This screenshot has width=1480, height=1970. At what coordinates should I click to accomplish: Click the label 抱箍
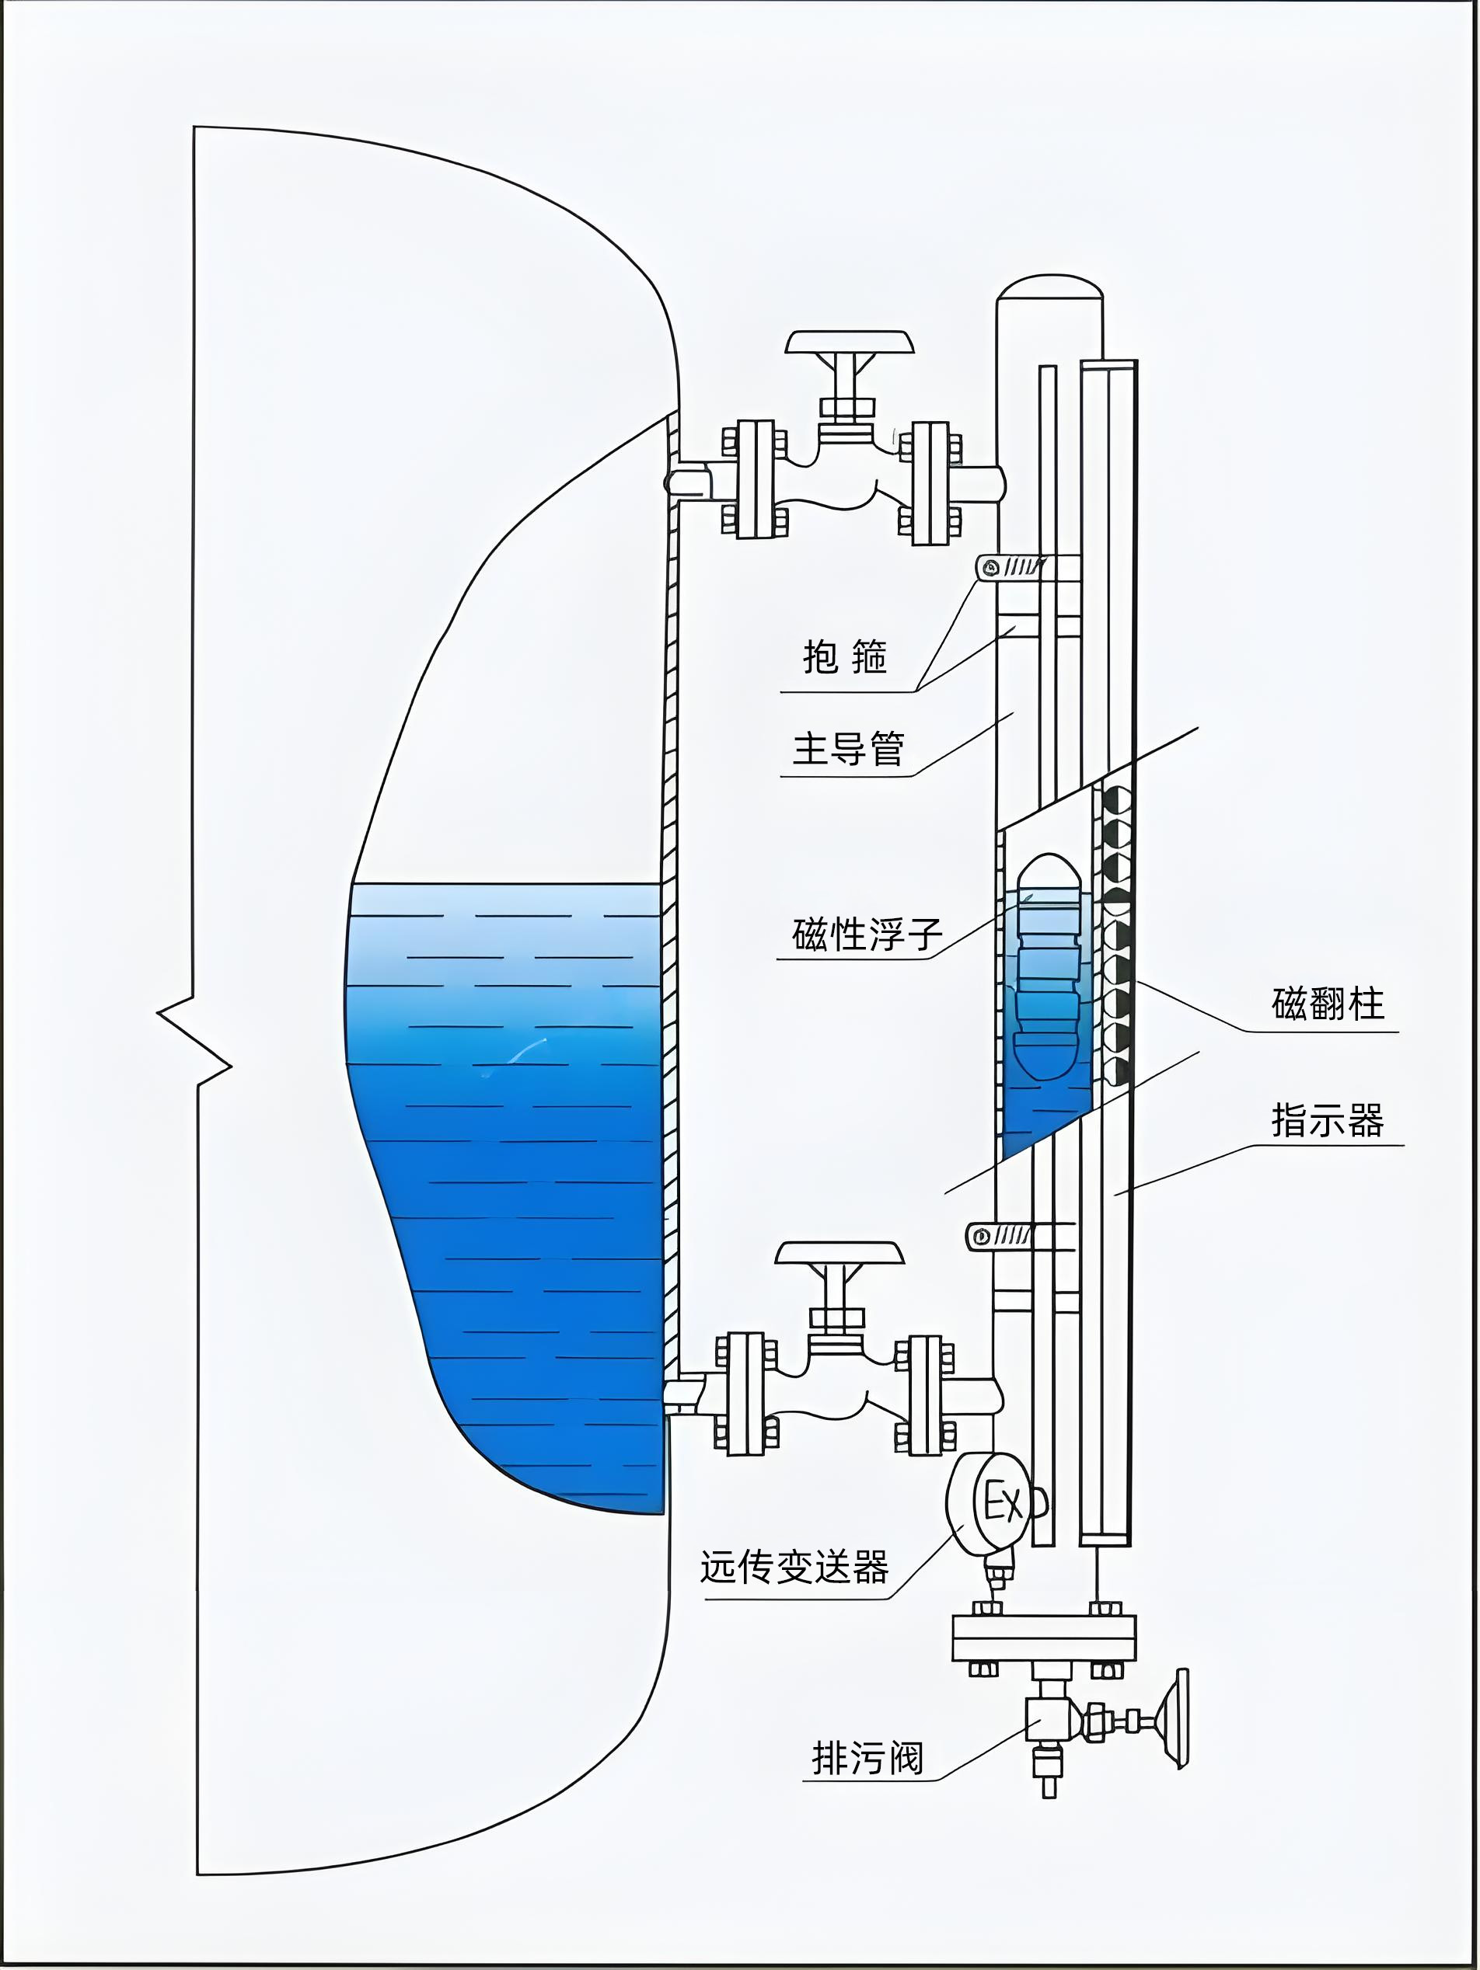pyautogui.click(x=845, y=656)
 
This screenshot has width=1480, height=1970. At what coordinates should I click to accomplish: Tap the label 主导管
pyautogui.click(x=848, y=748)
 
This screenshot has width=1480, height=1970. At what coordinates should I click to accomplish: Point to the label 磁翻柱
pyautogui.click(x=1328, y=1004)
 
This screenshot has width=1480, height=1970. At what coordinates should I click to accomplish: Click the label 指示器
pyautogui.click(x=1328, y=1119)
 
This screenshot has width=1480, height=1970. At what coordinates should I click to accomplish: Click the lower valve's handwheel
pyautogui.click(x=839, y=1253)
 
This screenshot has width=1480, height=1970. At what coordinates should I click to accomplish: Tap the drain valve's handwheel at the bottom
pyautogui.click(x=1181, y=1719)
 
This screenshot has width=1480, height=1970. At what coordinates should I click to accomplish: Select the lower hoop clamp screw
pyautogui.click(x=980, y=1236)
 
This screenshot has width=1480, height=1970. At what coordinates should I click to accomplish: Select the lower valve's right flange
pyautogui.click(x=925, y=1394)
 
